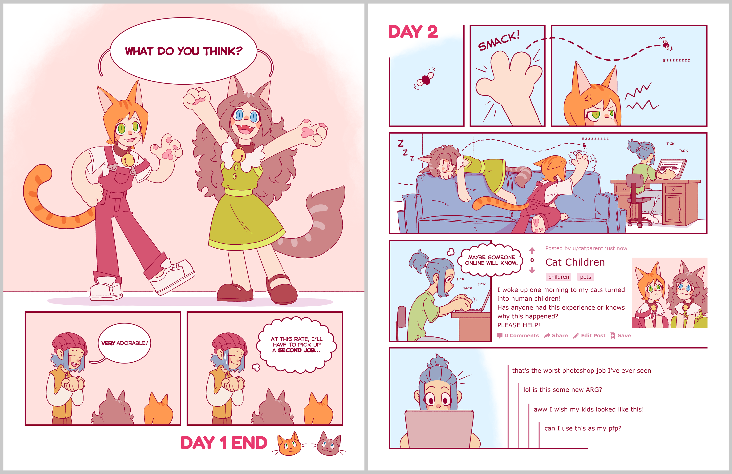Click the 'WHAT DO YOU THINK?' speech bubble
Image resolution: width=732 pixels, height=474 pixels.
(x=183, y=51)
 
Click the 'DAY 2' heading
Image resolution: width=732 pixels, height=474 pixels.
(x=413, y=32)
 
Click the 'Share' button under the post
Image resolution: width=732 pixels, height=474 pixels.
(x=556, y=335)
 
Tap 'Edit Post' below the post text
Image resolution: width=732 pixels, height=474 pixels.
(x=589, y=335)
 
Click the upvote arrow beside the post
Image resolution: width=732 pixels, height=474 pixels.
(x=532, y=250)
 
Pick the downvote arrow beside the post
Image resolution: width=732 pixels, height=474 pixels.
(x=532, y=270)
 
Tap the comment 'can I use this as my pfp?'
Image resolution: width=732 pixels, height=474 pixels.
(x=583, y=428)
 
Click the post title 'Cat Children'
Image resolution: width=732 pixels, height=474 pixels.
(x=575, y=262)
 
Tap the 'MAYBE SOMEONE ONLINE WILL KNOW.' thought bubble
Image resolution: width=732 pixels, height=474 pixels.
(x=491, y=260)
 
